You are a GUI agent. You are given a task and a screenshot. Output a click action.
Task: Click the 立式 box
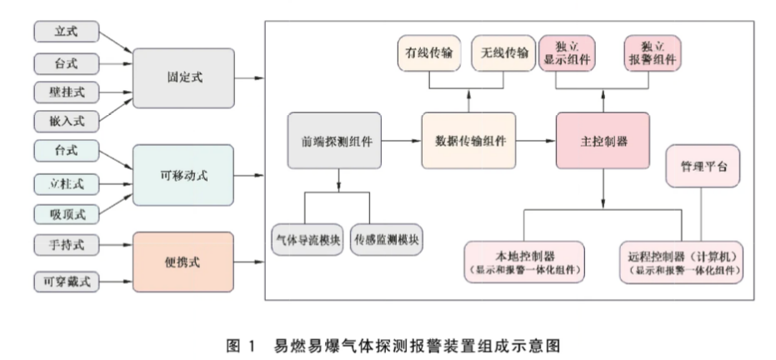pyautogui.click(x=66, y=32)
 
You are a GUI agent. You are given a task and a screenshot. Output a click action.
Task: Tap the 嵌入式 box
pyautogui.click(x=66, y=121)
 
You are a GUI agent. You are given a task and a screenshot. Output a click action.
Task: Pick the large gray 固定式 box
pyautogui.click(x=184, y=77)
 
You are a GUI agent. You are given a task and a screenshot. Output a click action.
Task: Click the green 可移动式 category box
pyautogui.click(x=184, y=174)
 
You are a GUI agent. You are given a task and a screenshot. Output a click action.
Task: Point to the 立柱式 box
pyautogui.click(x=66, y=182)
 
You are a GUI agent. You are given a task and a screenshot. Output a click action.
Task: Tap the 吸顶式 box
pyautogui.click(x=66, y=212)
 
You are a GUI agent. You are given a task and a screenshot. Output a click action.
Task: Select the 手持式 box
pyautogui.click(x=66, y=246)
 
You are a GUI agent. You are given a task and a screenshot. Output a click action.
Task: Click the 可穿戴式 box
pyautogui.click(x=66, y=281)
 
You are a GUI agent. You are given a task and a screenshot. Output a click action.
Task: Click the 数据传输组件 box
pyautogui.click(x=470, y=142)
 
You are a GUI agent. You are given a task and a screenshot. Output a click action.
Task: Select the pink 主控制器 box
pyautogui.click(x=603, y=142)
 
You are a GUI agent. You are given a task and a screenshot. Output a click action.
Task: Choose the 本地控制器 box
pyautogui.click(x=526, y=261)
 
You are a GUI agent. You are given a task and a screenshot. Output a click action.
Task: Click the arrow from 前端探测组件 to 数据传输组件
pyautogui.click(x=401, y=142)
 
